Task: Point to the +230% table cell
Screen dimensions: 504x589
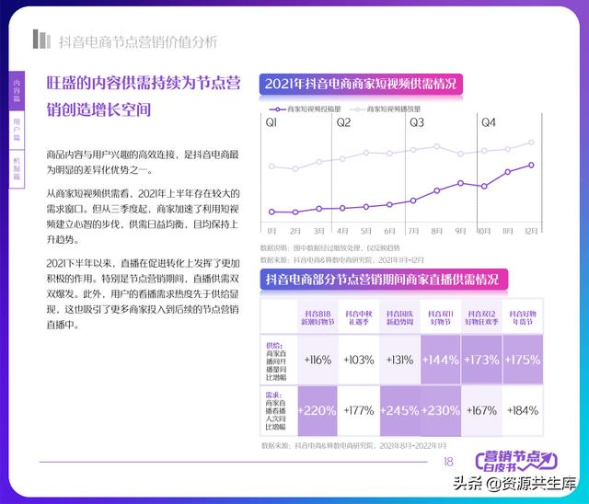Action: tap(441, 410)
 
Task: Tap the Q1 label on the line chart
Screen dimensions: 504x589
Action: tap(272, 122)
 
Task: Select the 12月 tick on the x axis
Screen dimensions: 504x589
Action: tap(531, 231)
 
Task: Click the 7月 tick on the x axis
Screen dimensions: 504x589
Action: tap(413, 231)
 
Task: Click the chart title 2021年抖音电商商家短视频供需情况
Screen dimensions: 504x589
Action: tap(360, 84)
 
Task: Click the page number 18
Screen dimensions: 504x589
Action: tap(448, 462)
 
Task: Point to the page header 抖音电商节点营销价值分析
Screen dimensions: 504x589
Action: tap(139, 40)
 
